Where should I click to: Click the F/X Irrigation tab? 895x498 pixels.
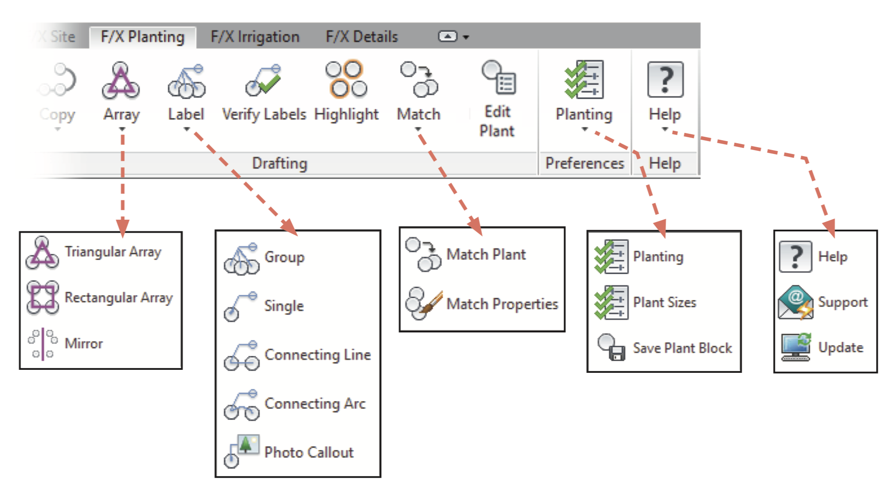point(255,37)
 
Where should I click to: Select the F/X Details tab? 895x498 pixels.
point(361,37)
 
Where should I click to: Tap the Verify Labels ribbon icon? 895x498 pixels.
point(263,80)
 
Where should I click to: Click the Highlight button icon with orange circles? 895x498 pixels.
point(346,80)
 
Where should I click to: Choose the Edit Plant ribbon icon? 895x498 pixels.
point(499,78)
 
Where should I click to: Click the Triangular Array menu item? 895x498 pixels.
point(113,252)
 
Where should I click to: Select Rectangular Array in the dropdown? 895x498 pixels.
point(118,298)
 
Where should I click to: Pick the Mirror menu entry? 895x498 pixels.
point(83,344)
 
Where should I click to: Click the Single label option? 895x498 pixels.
point(284,306)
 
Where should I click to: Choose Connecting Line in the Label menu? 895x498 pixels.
point(317,355)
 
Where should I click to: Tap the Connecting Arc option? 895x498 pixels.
point(315,404)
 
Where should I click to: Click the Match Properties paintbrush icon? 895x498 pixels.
point(424,303)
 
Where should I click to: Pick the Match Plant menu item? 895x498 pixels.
point(486,255)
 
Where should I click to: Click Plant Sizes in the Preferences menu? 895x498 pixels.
point(664,303)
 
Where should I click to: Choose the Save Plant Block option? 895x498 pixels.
point(682,348)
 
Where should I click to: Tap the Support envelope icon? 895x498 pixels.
point(796,302)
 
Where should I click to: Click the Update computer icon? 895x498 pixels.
point(796,347)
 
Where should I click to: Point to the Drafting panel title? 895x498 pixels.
point(280,163)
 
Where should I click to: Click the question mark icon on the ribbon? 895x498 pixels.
point(665,80)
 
